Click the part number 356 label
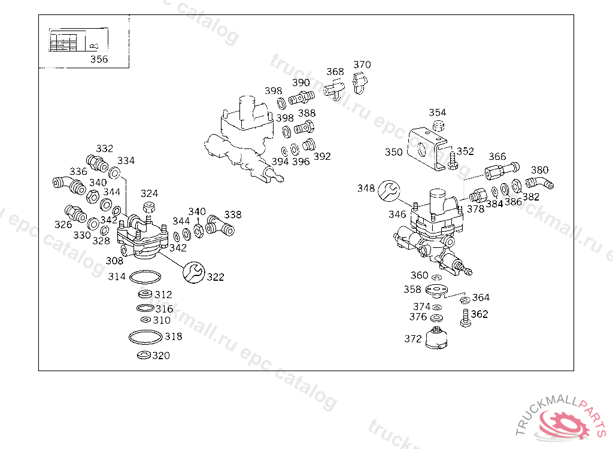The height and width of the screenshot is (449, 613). pyautogui.click(x=99, y=59)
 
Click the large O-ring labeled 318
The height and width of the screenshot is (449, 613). pyautogui.click(x=145, y=337)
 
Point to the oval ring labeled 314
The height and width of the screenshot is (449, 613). pyautogui.click(x=145, y=277)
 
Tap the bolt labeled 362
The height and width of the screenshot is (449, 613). pyautogui.click(x=465, y=318)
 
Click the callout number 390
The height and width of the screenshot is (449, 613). pyautogui.click(x=301, y=83)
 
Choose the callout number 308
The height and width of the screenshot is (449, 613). pyautogui.click(x=114, y=260)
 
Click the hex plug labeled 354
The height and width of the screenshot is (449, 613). pyautogui.click(x=438, y=126)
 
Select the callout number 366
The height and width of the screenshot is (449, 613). pyautogui.click(x=497, y=157)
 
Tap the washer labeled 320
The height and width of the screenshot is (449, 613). pyautogui.click(x=144, y=356)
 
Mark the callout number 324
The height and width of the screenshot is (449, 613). pyautogui.click(x=149, y=193)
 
